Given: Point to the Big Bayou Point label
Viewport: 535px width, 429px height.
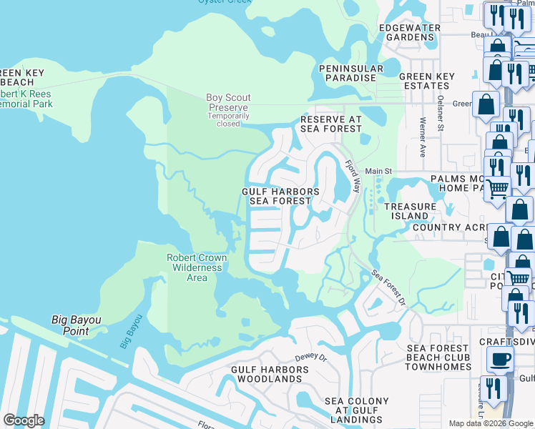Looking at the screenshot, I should (80, 325).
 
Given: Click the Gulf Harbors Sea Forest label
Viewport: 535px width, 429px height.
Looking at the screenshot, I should (280, 197).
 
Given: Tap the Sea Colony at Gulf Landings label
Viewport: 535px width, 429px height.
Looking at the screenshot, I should (357, 410).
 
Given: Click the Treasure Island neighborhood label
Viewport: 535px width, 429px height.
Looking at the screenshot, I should (411, 212).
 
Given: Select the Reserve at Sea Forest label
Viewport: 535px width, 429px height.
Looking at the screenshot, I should (330, 124).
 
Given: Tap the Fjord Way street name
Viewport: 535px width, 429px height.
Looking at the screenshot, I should (353, 176).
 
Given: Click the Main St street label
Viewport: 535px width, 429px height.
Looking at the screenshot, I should (379, 171).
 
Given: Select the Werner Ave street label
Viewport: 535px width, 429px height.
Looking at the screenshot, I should (423, 138).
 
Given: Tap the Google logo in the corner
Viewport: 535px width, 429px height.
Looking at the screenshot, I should (24, 420).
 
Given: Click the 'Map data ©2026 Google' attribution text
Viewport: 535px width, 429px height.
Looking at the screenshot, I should (491, 423).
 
